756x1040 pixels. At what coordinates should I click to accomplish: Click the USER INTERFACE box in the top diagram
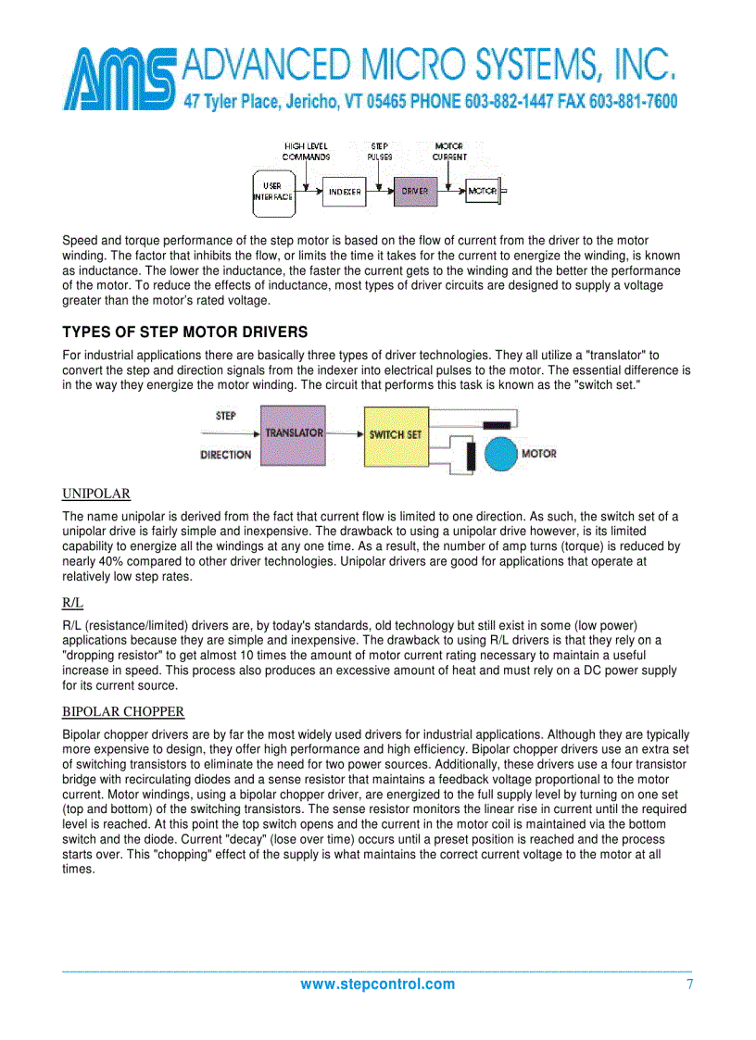point(272,192)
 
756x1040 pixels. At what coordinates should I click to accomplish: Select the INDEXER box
point(345,192)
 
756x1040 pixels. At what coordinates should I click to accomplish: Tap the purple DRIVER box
point(415,192)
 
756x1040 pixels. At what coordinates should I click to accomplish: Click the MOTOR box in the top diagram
point(482,192)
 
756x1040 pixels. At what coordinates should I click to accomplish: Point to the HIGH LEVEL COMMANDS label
point(306,152)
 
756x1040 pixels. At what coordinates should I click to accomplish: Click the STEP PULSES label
point(380,152)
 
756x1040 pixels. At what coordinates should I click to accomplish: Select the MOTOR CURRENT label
point(449,152)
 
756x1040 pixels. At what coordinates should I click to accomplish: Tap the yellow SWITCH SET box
point(396,434)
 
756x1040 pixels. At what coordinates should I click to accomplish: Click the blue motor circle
point(501,453)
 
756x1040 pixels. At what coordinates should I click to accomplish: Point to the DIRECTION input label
point(225,455)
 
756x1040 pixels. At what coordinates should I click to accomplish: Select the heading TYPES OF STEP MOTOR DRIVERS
point(184,332)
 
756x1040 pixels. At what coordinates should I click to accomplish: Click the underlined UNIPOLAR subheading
point(96,493)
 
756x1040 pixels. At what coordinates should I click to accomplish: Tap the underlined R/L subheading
point(72,602)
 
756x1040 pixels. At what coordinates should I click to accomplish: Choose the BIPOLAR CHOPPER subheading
point(123,711)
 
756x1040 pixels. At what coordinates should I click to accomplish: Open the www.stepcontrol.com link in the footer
point(377,984)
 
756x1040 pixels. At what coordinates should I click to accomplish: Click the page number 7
point(689,984)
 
